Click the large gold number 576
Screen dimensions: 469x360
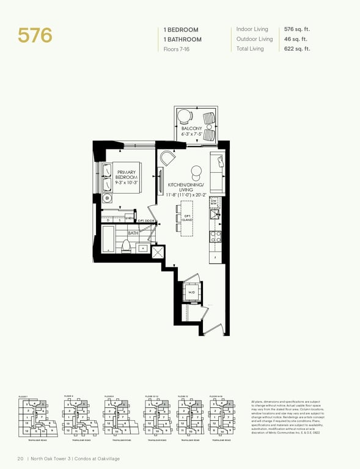pos(35,35)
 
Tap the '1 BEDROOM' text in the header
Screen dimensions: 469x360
pos(181,29)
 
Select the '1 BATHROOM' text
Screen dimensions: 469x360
pos(182,39)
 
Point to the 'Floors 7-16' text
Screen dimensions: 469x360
pos(177,49)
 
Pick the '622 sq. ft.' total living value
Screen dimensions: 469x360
pos(297,49)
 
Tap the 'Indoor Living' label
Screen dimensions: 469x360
pos(252,29)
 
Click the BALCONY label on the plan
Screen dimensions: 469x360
pos(191,128)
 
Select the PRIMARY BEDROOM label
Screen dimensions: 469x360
pos(127,177)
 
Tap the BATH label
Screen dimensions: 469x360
pos(133,233)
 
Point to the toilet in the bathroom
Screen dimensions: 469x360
pos(127,245)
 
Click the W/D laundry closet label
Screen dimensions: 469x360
pos(191,293)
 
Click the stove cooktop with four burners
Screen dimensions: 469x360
pos(215,234)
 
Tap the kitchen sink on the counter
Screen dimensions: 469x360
pos(214,214)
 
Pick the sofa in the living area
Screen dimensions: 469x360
pos(217,173)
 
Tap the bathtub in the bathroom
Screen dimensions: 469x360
pos(109,239)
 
